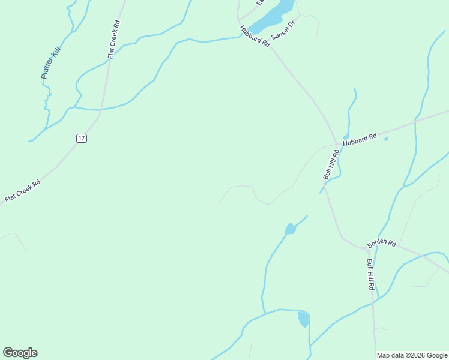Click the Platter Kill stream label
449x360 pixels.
(52, 65)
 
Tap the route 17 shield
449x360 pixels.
(82, 138)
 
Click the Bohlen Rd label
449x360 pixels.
(382, 244)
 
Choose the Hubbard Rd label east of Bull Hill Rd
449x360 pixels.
(360, 141)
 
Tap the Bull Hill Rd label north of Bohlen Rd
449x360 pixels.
(331, 164)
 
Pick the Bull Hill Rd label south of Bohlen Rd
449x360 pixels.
(370, 275)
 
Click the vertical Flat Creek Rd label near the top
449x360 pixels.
(114, 40)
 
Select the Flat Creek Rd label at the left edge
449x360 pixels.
(22, 191)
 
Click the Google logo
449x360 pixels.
(20, 353)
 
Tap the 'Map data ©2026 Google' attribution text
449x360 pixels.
(412, 355)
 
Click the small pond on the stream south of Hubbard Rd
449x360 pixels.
(291, 229)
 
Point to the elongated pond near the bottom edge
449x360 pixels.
(304, 319)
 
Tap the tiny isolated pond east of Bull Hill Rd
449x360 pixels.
(385, 139)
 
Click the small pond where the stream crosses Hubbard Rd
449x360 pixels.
(346, 137)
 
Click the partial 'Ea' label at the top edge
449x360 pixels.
(260, 2)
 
